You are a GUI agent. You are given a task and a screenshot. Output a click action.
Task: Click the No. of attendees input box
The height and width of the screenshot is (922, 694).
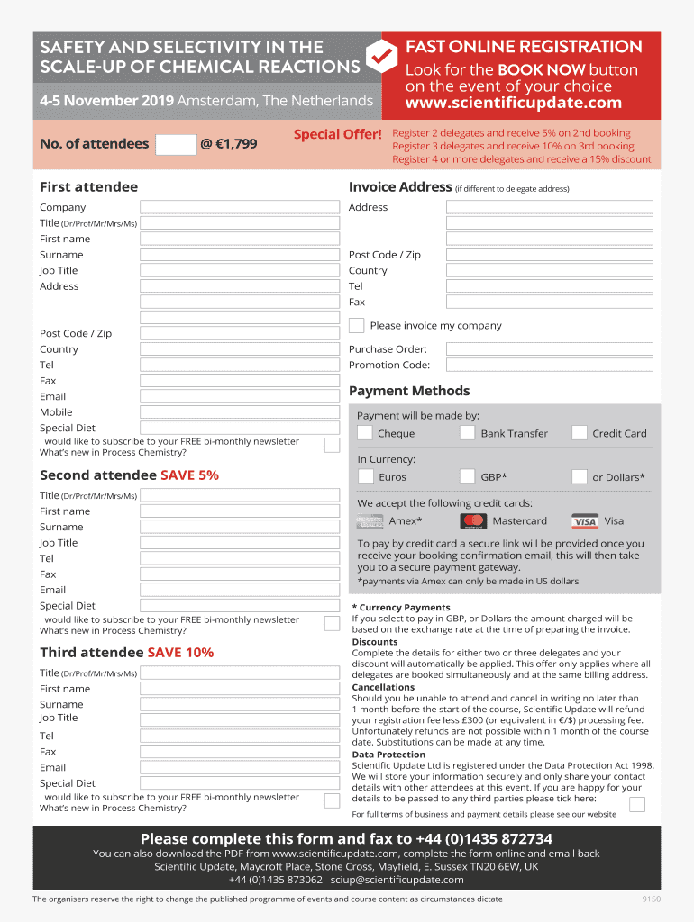point(176,144)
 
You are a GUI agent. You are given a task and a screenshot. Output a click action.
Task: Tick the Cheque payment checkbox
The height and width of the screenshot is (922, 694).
point(365,433)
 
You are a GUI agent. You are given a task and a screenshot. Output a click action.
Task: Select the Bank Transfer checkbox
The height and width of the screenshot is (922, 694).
point(467,433)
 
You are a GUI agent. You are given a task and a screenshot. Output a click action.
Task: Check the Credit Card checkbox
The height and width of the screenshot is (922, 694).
point(580,433)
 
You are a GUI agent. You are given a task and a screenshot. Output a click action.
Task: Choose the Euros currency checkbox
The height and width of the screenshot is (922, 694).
point(365,476)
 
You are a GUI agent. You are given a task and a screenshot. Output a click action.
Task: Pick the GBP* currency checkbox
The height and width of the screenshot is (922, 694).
point(467,476)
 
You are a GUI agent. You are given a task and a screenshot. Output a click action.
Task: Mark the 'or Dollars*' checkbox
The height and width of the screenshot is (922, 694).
point(580,476)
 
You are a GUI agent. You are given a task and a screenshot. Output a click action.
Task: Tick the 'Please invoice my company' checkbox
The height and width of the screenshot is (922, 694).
point(357,325)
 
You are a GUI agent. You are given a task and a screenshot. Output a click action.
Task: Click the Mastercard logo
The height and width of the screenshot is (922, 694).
point(473,521)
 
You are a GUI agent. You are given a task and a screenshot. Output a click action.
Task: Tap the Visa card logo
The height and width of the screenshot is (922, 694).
point(585,521)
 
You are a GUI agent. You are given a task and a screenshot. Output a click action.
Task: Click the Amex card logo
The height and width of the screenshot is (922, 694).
point(370,521)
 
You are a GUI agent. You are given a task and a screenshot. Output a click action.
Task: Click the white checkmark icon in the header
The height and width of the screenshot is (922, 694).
point(382,56)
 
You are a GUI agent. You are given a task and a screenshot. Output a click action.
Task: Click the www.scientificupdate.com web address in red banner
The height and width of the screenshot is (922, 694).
point(513,104)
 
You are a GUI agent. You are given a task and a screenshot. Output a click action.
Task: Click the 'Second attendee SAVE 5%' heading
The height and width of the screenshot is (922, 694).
point(129,475)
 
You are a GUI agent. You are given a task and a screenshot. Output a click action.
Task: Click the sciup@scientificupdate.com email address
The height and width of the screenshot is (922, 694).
point(397,880)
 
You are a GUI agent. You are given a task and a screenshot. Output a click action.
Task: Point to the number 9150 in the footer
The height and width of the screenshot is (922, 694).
point(651,899)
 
